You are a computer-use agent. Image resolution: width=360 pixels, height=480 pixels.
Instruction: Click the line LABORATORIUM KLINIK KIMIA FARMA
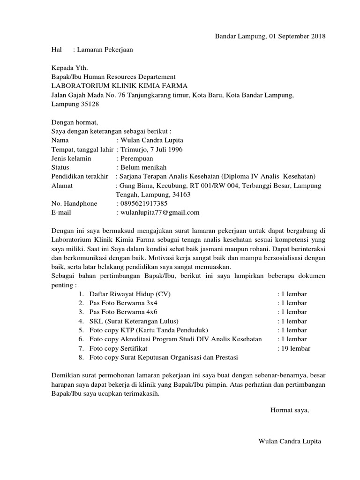[119, 86]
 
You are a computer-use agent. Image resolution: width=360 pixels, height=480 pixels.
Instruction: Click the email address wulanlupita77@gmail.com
[159, 212]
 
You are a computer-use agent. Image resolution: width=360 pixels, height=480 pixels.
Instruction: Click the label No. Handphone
[74, 203]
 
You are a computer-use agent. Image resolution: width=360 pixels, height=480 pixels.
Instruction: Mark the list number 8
[81, 357]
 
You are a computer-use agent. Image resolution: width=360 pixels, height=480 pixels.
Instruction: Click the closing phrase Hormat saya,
[290, 410]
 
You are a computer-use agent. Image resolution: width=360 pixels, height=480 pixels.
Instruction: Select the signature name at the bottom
[290, 442]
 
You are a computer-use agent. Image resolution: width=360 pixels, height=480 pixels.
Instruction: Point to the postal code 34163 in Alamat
[181, 195]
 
